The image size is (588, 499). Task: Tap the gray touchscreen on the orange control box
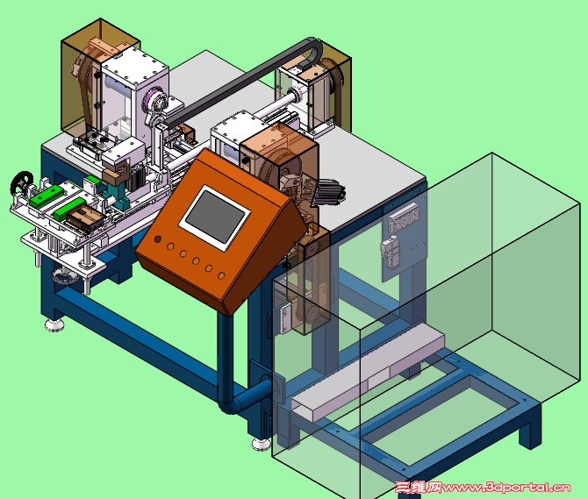(214, 217)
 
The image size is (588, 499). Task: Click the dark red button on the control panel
(158, 239)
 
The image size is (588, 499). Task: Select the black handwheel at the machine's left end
(22, 183)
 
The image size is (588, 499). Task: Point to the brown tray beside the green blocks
(85, 218)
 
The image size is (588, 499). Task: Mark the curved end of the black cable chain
(314, 46)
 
